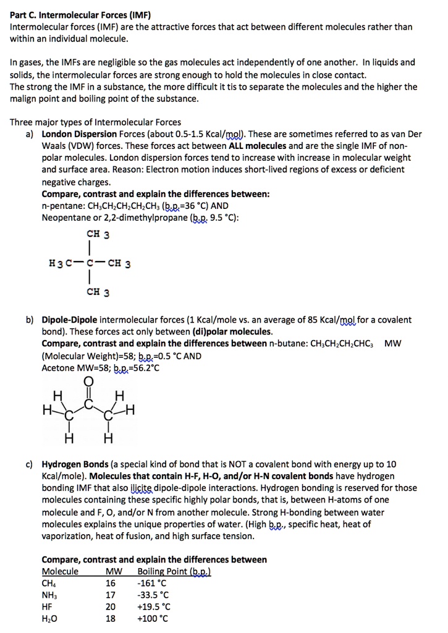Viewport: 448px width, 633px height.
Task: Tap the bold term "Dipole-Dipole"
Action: (x=69, y=320)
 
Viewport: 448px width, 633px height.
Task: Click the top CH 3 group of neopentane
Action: (x=98, y=234)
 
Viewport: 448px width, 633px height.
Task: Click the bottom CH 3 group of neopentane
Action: (x=98, y=292)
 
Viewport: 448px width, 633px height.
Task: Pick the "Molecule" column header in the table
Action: (x=60, y=571)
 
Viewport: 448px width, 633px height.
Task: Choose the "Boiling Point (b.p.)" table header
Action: (x=174, y=571)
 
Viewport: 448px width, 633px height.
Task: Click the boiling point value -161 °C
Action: (x=152, y=583)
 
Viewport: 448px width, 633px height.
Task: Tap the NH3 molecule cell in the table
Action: (x=49, y=595)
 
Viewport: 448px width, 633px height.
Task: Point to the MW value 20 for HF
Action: (x=111, y=606)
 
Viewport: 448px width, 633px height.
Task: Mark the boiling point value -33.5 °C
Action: (x=154, y=595)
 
